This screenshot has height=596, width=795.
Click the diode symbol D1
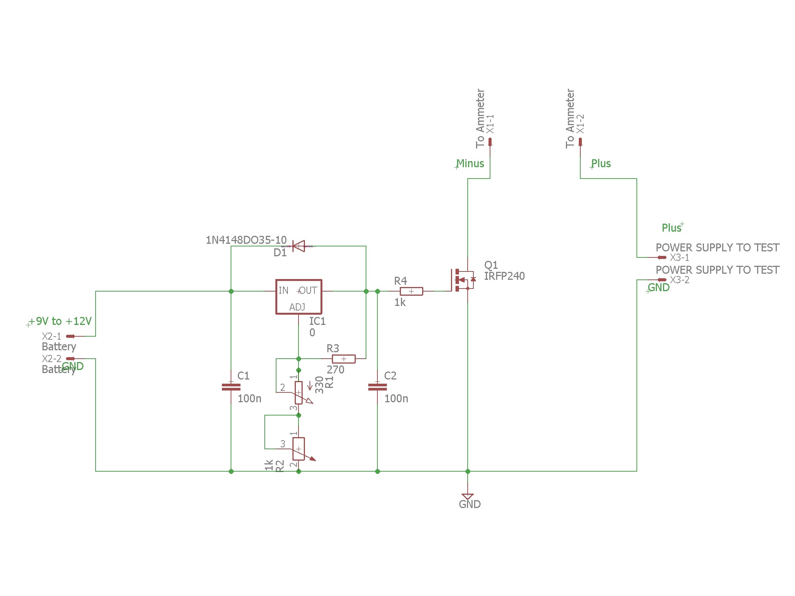pos(299,246)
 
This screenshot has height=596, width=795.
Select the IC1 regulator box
pos(299,297)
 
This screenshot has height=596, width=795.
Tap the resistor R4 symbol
pos(411,291)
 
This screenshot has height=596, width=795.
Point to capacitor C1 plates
pos(231,387)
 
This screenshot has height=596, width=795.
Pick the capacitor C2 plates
pos(377,387)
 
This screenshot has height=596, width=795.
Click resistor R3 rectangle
pos(344,359)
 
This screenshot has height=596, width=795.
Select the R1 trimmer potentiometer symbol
pos(299,393)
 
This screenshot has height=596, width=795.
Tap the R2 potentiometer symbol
pos(299,449)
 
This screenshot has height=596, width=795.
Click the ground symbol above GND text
pos(468,496)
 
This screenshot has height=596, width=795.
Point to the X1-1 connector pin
pos(490,142)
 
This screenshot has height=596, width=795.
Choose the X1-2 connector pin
pos(580,142)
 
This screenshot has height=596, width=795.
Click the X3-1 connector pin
pos(661,257)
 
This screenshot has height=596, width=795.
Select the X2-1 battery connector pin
pos(71,336)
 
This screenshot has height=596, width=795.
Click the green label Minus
pos(470,163)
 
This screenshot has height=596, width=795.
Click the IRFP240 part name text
pos(504,276)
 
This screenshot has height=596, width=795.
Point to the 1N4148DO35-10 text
pos(246,240)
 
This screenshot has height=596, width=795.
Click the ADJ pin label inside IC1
pos(297,307)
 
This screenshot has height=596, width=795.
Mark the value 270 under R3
pos(335,370)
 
